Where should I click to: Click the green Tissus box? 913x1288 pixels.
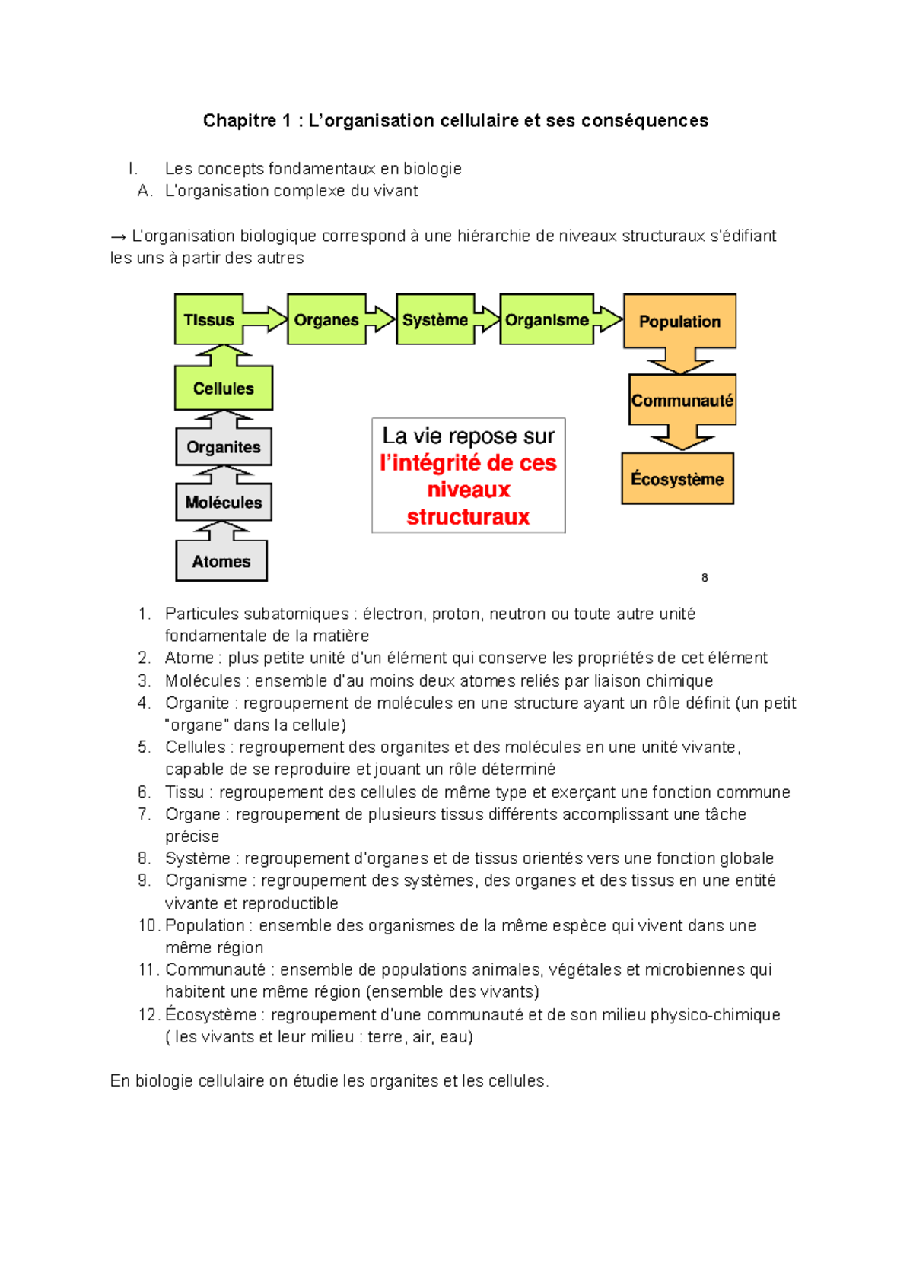pyautogui.click(x=208, y=319)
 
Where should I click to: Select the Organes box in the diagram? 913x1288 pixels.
pyautogui.click(x=326, y=319)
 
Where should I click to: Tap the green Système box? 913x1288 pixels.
pyautogui.click(x=435, y=319)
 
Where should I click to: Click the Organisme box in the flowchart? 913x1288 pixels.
pyautogui.click(x=546, y=319)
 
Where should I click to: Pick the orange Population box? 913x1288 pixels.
pyautogui.click(x=679, y=321)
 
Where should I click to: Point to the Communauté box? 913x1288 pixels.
pyautogui.click(x=682, y=400)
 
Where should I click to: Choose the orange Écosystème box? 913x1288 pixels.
pyautogui.click(x=677, y=479)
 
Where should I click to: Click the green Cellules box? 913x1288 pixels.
pyautogui.click(x=223, y=388)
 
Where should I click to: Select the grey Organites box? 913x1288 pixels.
pyautogui.click(x=223, y=447)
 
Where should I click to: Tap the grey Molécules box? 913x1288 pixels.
pyautogui.click(x=223, y=502)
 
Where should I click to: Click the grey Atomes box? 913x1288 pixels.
pyautogui.click(x=221, y=561)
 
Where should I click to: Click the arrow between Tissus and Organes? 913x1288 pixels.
pyautogui.click(x=266, y=319)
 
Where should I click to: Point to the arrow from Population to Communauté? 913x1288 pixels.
pyautogui.click(x=680, y=360)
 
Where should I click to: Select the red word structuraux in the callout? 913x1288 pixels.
pyautogui.click(x=468, y=517)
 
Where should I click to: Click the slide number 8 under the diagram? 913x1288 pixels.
pyautogui.click(x=705, y=578)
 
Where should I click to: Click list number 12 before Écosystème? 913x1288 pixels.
pyautogui.click(x=148, y=1014)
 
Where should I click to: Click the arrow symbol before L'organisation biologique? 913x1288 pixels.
pyautogui.click(x=118, y=236)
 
